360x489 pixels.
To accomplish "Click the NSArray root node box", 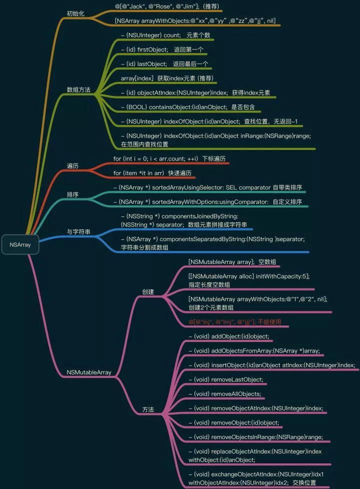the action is coord(19,244).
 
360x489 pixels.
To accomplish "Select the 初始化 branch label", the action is coord(75,13).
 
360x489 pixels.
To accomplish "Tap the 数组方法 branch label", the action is coord(78,90).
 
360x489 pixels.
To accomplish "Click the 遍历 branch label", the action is coord(72,165).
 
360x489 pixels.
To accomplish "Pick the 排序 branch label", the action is coord(72,194).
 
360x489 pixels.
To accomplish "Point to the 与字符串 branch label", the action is coord(78,231).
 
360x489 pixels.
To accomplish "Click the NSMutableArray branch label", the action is coord(89,372).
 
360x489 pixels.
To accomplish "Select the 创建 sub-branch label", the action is coord(147,291).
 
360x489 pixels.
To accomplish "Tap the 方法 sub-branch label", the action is coord(147,409).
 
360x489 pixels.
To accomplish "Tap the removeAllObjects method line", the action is coord(224,394).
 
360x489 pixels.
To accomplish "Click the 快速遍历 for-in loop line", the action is coord(152,173).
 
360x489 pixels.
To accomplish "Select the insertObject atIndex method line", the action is coord(271,365).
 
